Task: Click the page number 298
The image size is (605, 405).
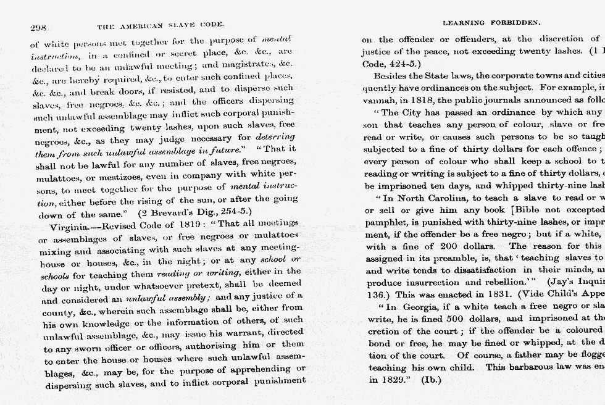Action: (x=38, y=27)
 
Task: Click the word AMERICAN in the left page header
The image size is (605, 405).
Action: (x=144, y=26)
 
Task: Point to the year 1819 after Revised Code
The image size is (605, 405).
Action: (x=181, y=225)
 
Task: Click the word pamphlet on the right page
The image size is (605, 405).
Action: (x=384, y=222)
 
